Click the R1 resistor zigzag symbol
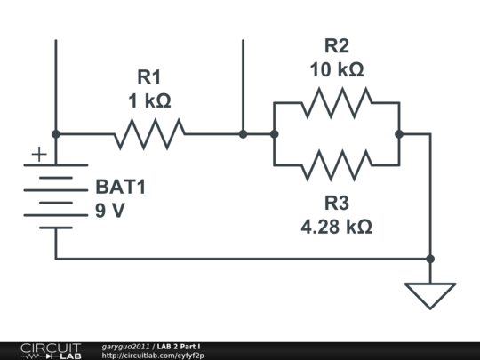149,134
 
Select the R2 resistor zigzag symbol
336,103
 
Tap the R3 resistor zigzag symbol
336,165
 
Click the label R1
149,76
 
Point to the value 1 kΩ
149,100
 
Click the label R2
337,45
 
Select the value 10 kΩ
337,69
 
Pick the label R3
337,202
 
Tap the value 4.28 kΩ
337,226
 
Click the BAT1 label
119,188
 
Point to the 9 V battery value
111,212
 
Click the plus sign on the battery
38,155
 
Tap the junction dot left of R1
56,134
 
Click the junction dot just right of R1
243,134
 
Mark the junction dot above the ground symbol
430,259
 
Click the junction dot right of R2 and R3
399,134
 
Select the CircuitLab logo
50,350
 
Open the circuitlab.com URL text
159,356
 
